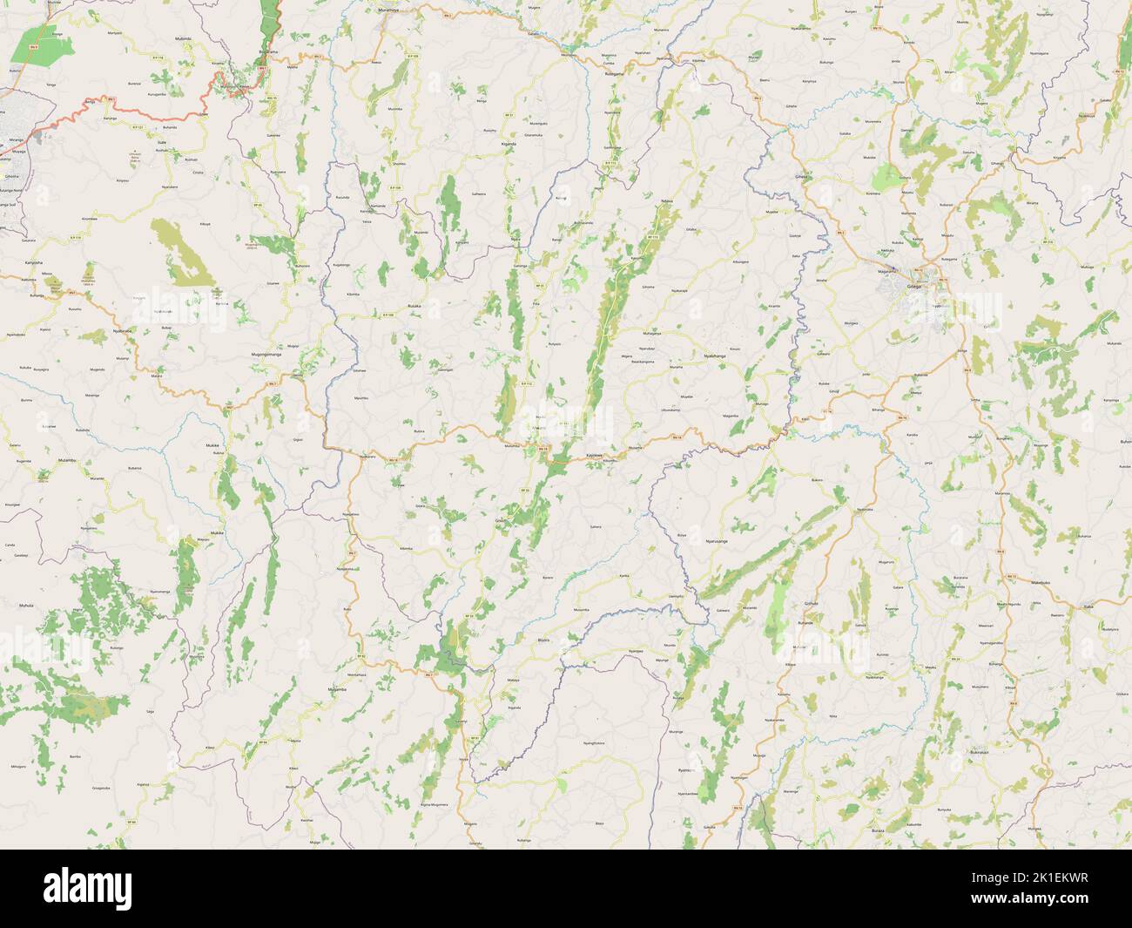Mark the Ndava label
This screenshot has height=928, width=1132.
[x=667, y=201]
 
